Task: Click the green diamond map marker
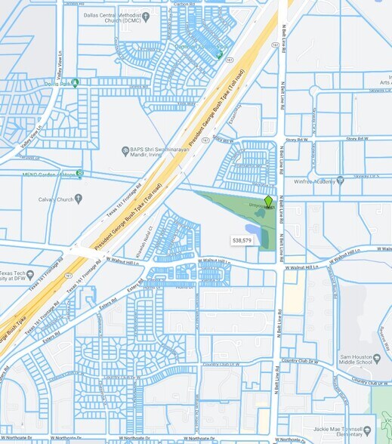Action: (x=268, y=201)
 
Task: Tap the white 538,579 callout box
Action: (x=242, y=240)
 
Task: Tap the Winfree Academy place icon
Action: (x=340, y=180)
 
